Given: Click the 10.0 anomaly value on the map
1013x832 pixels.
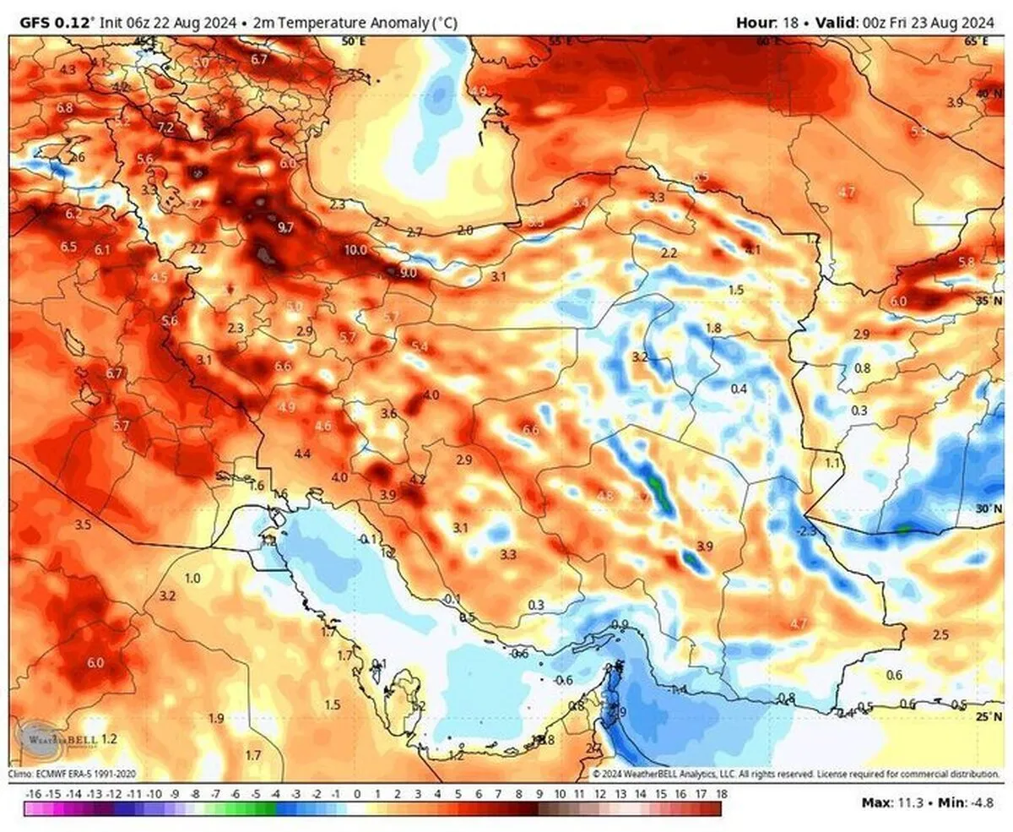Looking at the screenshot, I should tap(355, 250).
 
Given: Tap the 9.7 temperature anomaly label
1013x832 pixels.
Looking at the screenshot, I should tap(285, 227).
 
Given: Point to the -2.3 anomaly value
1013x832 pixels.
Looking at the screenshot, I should tap(807, 530).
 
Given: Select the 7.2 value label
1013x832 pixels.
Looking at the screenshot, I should tap(165, 128).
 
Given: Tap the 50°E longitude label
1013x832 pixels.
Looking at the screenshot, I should tap(352, 41).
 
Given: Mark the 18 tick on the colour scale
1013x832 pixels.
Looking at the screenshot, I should tap(722, 795).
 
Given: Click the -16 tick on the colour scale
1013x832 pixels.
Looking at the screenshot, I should tap(34, 795).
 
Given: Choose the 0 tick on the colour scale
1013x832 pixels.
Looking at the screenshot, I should tap(357, 795).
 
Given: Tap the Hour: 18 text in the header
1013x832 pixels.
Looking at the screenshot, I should tap(767, 23).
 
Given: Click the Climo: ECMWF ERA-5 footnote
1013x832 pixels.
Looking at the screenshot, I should tap(72, 773).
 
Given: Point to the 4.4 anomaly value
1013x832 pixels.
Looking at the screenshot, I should tap(302, 454).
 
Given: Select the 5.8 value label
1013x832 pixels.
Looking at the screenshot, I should tap(967, 263).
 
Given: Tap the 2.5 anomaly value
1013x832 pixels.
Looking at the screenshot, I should tap(941, 634).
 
